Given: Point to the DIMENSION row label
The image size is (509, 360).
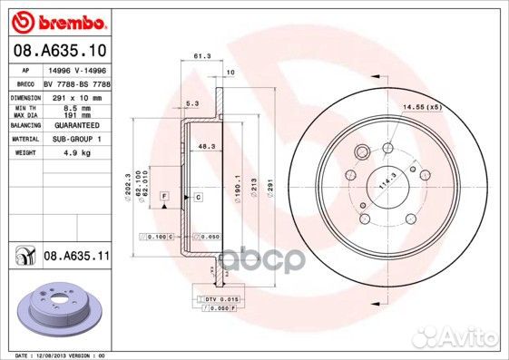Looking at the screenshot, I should click(x=27, y=96).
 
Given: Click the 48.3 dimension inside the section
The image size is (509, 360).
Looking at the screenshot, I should click(x=206, y=145).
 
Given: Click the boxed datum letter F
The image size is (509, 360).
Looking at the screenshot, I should click(x=164, y=196).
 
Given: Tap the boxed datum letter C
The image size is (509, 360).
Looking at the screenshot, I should click(x=196, y=196).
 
